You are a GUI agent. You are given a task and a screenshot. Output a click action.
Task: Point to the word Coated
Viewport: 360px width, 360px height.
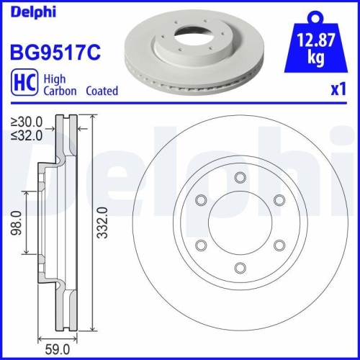pyautogui.click(x=102, y=91)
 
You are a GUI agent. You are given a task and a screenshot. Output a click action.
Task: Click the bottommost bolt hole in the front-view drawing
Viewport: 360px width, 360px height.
pyautogui.click(x=241, y=269)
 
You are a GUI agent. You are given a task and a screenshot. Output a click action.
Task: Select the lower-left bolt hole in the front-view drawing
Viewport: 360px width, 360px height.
pyautogui.click(x=202, y=246)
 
